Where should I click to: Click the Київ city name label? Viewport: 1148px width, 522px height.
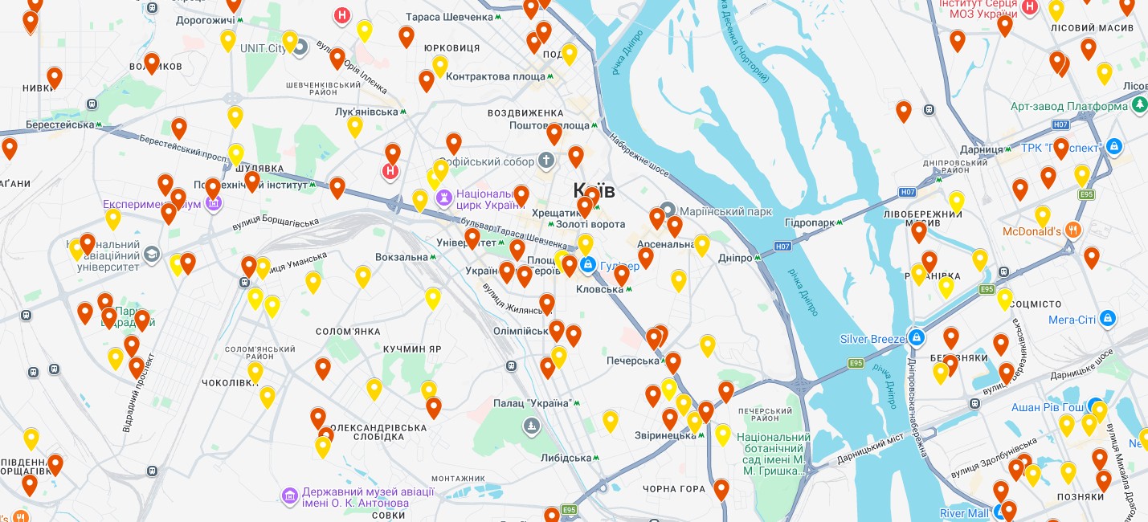pos(594,190)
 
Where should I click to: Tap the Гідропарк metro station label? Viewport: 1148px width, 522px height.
pos(811,222)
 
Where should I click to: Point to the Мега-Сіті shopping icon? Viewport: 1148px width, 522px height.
pos(1108,319)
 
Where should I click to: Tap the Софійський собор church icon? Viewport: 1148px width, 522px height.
pos(547,161)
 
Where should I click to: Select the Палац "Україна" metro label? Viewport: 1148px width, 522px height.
pos(537,403)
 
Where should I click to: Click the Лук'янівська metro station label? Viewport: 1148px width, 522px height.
pos(366,112)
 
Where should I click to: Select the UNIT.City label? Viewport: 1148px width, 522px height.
pos(263,48)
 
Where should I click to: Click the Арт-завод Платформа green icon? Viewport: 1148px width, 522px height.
pos(1139,106)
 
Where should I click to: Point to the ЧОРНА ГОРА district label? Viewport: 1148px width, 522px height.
pos(674,489)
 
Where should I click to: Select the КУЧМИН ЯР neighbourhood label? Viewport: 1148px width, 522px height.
pos(412,349)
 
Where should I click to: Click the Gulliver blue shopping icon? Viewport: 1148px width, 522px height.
pos(588,263)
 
